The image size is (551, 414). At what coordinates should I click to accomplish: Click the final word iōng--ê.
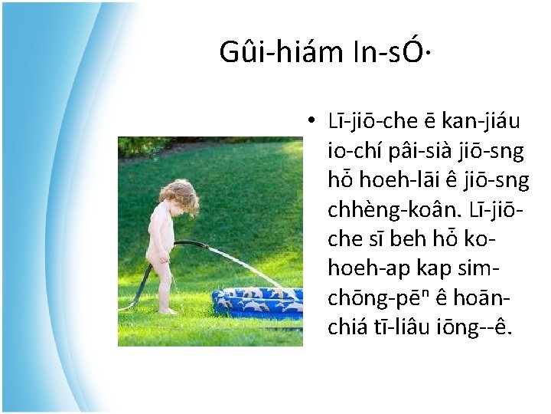[485, 327]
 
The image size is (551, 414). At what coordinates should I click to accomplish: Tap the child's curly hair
[179, 195]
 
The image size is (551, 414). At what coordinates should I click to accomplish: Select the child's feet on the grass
[167, 310]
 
